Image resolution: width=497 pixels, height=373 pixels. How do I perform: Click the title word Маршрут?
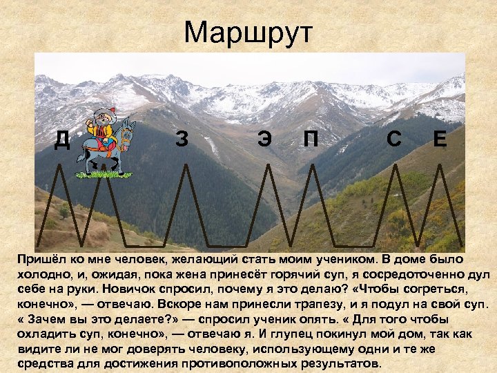pos(248,32)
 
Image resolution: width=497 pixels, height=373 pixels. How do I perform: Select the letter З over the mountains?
pos(182,139)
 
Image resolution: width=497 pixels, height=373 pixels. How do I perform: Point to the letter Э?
pos(264,139)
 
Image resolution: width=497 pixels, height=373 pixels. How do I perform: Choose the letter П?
pos(311,139)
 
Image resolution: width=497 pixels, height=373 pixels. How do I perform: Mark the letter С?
pos(394,139)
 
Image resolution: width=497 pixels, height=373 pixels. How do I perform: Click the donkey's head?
pos(128,131)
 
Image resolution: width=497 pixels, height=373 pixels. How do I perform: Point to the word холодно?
pos(41,274)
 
